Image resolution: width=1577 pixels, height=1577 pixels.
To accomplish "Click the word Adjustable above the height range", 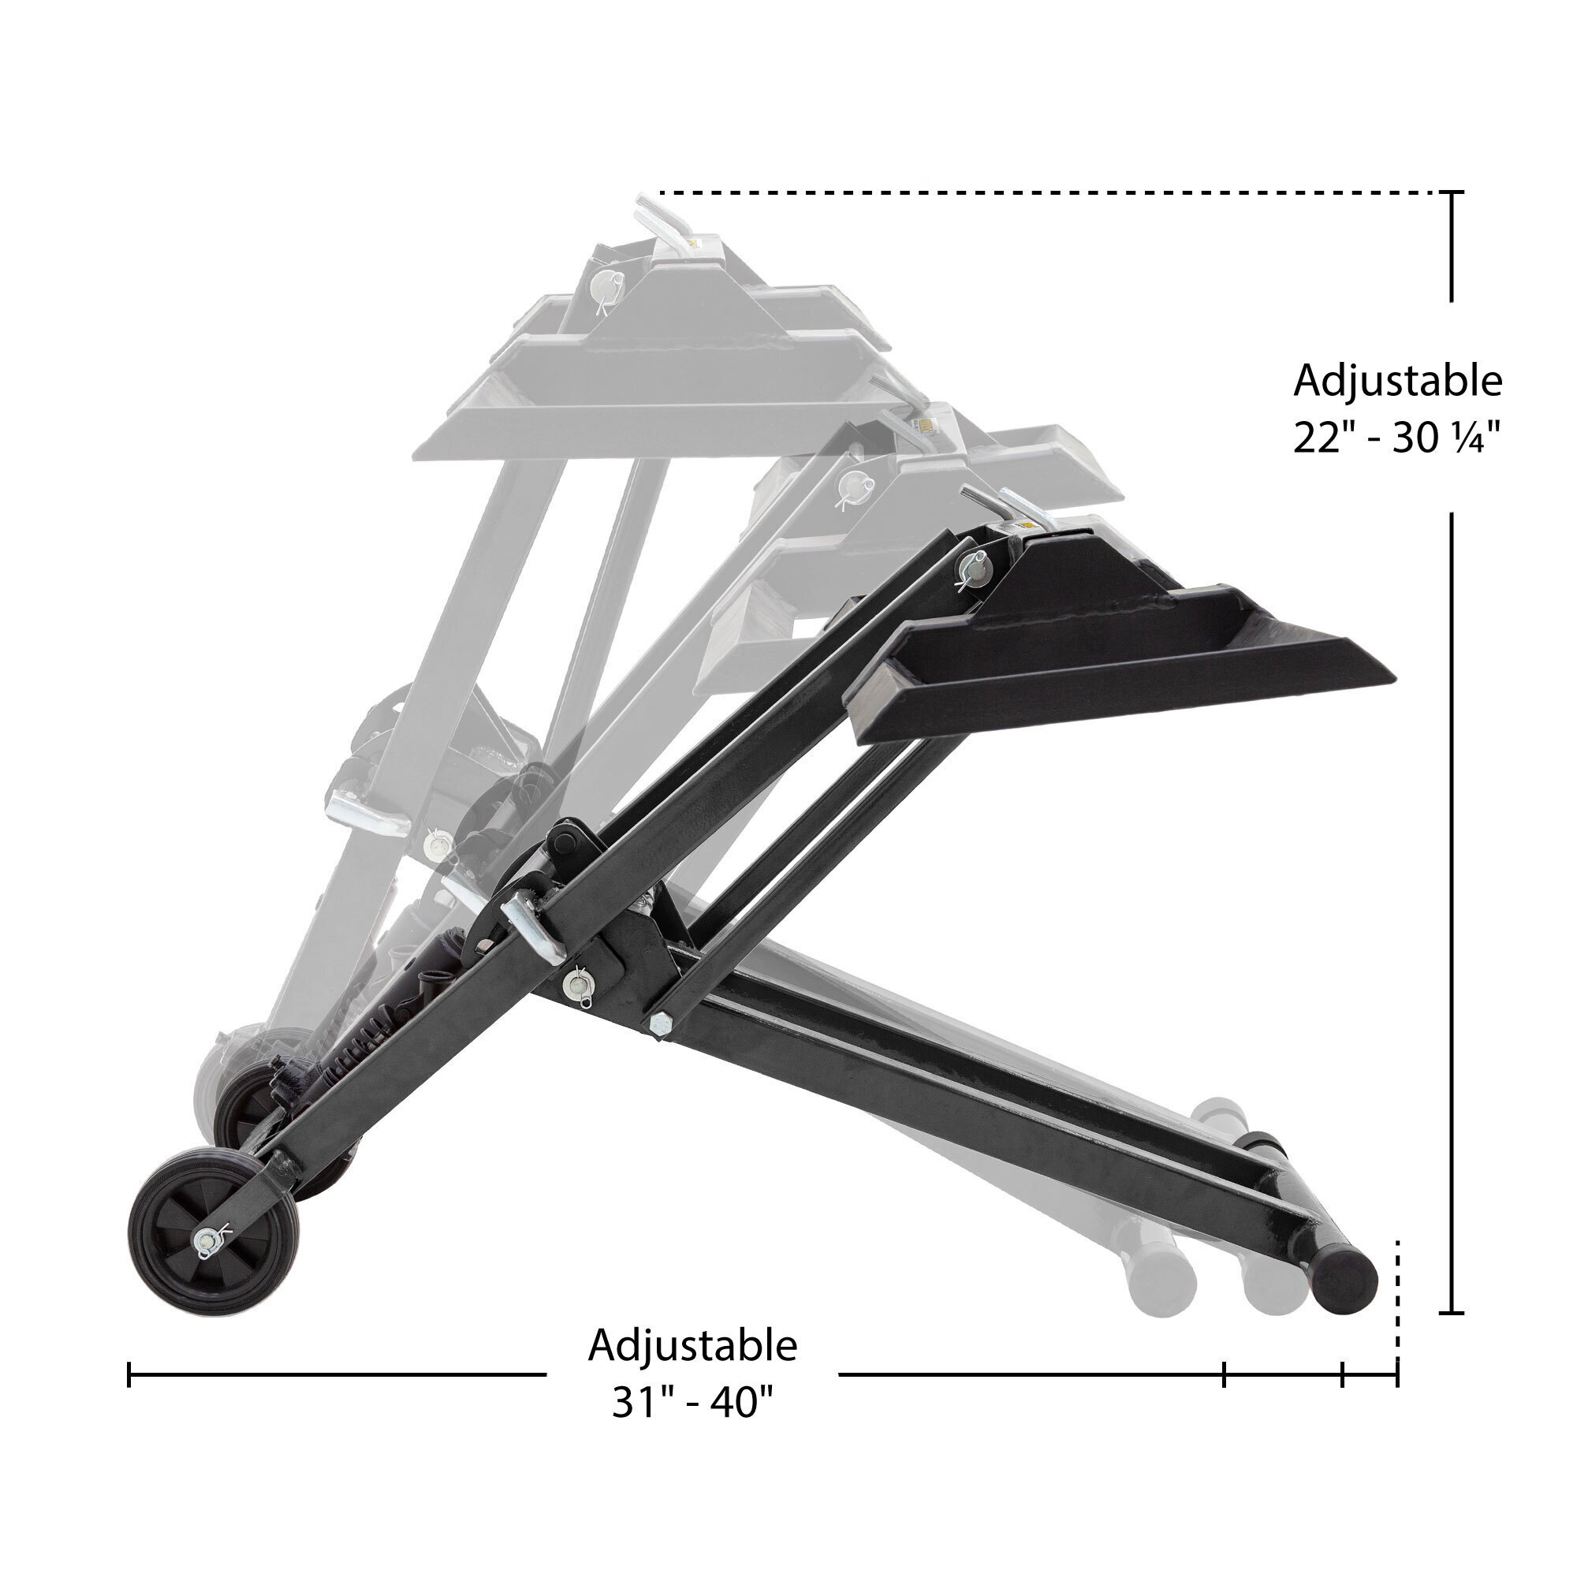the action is [x=1396, y=382].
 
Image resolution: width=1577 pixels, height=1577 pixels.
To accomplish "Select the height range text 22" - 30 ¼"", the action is [x=1396, y=439].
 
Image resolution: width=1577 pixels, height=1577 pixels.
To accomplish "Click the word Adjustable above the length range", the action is [x=692, y=1346].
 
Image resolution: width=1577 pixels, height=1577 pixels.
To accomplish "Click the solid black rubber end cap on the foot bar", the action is [x=1347, y=1281].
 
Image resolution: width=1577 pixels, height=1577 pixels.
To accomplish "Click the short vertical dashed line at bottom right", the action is [x=1398, y=1305].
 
